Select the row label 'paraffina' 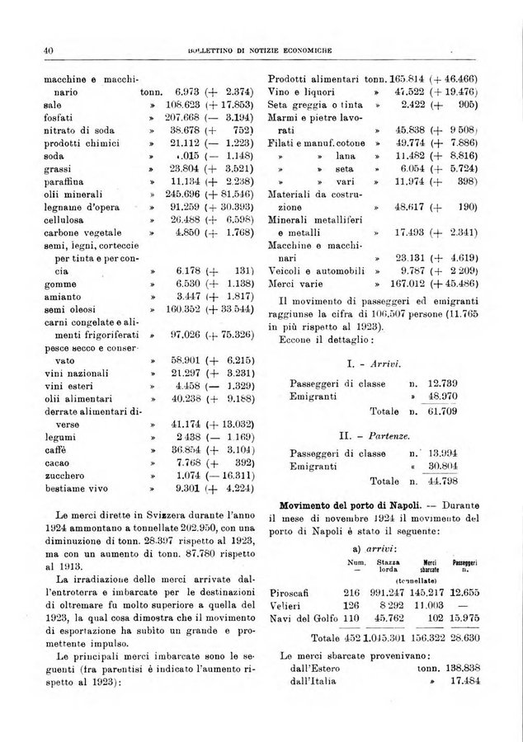[65, 176]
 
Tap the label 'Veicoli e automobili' [317, 270]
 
